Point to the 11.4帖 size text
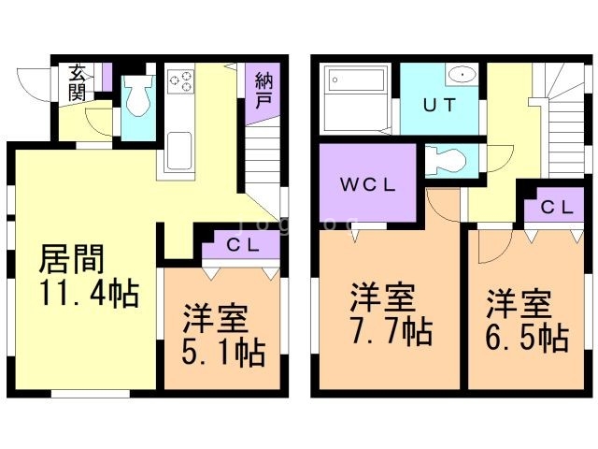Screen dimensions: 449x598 coord(89,296)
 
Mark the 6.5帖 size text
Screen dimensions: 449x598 coord(526,336)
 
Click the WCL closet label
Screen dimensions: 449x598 coord(368,183)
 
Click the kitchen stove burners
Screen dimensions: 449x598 coord(181,81)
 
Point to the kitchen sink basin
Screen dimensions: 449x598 coord(178,148)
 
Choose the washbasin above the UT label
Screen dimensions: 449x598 coord(460,74)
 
